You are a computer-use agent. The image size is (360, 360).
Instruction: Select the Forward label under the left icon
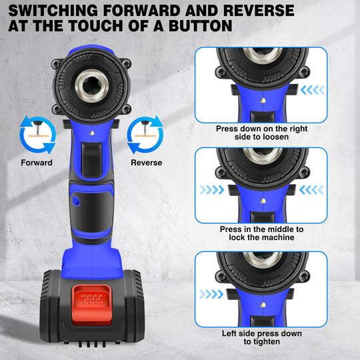(37, 162)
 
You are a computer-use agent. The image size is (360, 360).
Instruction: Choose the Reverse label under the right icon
(147, 162)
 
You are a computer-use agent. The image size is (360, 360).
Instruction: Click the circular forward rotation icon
(35, 135)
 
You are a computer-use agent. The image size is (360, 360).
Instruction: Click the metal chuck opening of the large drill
(91, 85)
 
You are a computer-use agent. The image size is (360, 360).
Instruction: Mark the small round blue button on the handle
(75, 200)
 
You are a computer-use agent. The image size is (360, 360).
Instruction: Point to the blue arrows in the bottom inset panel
(211, 293)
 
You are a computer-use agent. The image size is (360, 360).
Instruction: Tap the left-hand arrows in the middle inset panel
(211, 190)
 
